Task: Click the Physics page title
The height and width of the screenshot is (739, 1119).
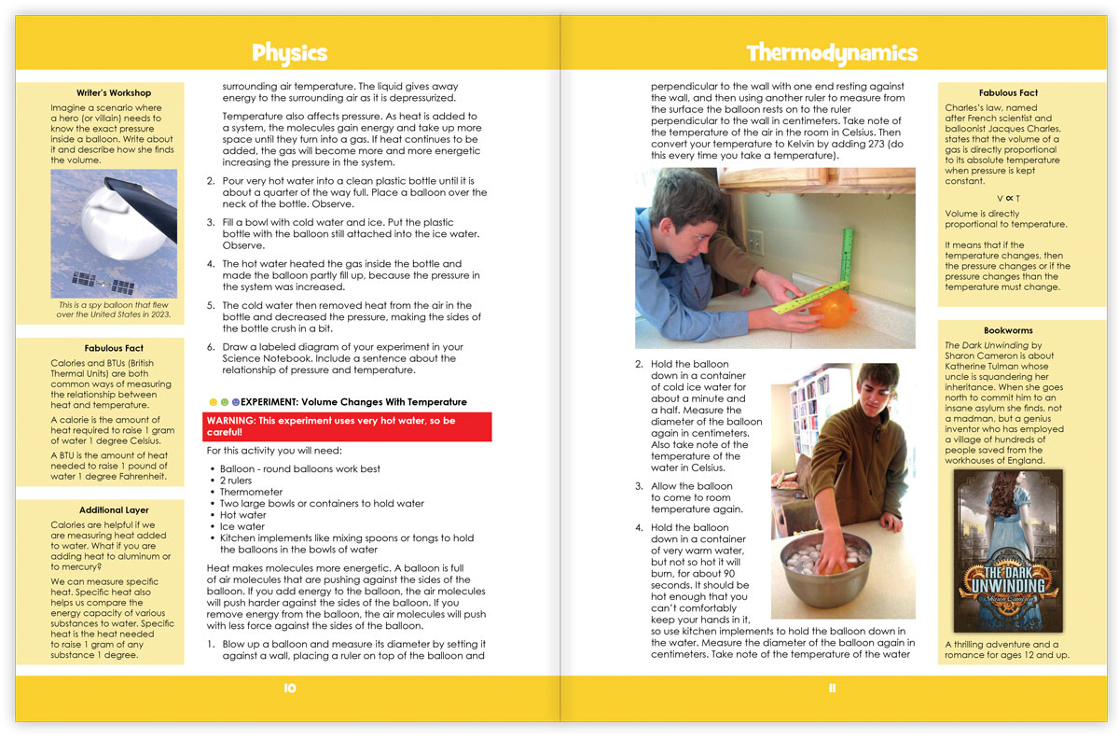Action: [x=289, y=52]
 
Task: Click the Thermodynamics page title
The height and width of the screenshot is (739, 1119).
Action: [x=832, y=52]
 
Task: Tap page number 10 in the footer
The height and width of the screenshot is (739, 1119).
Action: [x=289, y=688]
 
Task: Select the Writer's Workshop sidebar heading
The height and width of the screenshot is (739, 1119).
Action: [x=114, y=92]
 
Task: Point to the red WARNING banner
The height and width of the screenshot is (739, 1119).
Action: [x=348, y=426]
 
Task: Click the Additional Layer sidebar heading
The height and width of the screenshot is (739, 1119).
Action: [x=114, y=510]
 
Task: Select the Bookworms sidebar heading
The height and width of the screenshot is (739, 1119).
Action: [x=1008, y=330]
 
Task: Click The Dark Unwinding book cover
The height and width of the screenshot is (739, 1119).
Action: [x=1007, y=551]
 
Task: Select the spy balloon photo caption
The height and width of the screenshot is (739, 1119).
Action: [x=114, y=310]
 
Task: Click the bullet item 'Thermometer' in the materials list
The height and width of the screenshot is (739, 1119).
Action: [x=252, y=492]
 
